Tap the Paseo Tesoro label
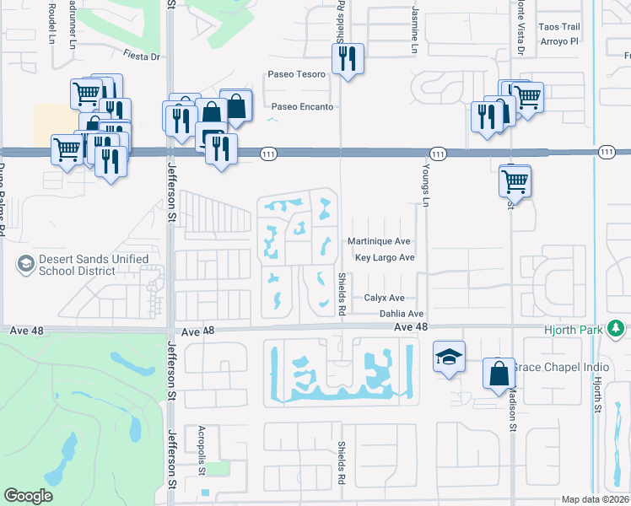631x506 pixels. click(296, 74)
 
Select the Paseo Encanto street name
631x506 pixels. click(302, 107)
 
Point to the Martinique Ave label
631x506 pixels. click(379, 241)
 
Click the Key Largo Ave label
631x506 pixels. click(385, 258)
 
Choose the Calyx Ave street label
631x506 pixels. click(384, 298)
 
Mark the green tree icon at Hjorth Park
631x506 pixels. click(617, 327)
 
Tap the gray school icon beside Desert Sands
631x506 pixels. click(25, 266)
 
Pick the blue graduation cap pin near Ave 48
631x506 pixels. click(450, 358)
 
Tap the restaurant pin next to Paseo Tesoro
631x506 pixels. click(348, 59)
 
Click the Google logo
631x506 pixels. click(28, 496)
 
